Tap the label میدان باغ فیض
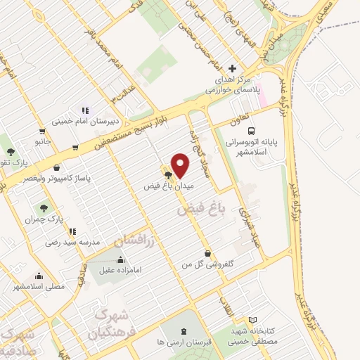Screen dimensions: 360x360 (x=169, y=186)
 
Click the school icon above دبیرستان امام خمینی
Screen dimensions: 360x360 (x=85, y=110)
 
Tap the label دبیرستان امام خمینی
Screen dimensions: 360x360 (x=85, y=122)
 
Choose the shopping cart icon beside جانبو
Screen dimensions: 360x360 (x=43, y=131)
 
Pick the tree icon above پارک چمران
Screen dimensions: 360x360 (x=44, y=208)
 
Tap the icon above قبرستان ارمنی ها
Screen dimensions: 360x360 (x=184, y=330)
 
